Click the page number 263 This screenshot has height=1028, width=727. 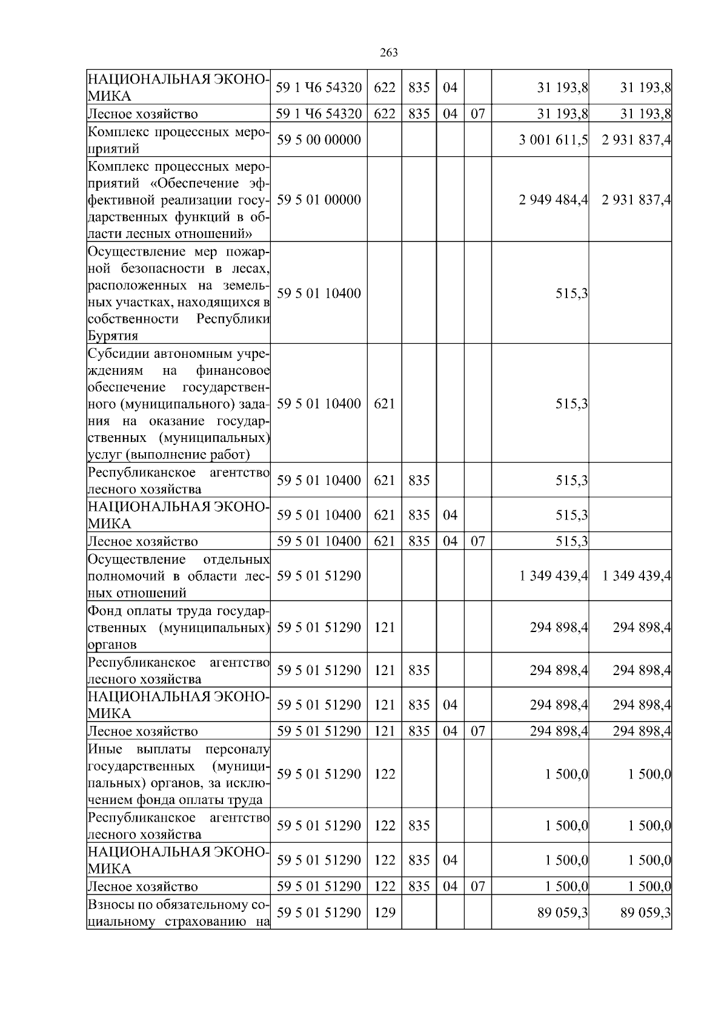[x=388, y=53]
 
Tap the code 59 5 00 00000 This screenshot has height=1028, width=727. [x=319, y=140]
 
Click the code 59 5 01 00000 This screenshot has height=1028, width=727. [x=319, y=200]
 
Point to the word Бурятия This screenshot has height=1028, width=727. [x=113, y=335]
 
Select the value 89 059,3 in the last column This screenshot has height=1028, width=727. [x=645, y=912]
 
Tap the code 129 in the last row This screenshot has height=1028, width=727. [x=384, y=912]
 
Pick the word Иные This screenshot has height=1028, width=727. [x=101, y=749]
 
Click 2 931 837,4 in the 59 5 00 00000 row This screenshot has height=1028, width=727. [x=636, y=140]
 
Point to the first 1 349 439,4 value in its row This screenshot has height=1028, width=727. [x=553, y=576]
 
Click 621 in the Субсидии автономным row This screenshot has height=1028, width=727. [x=384, y=404]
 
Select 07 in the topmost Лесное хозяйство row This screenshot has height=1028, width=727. [x=477, y=113]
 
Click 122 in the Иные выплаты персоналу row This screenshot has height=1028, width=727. [x=384, y=774]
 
